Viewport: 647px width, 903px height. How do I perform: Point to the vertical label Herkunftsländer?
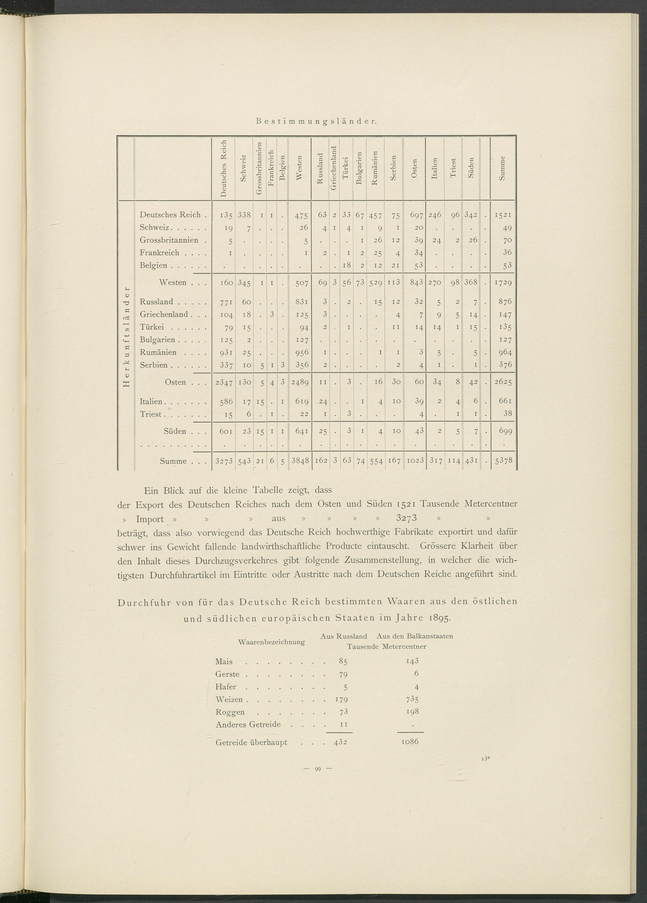click(x=126, y=336)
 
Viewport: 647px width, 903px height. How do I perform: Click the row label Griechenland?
click(x=164, y=314)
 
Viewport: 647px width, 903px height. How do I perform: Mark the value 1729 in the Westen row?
click(x=503, y=283)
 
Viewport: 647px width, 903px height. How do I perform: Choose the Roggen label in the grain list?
click(x=230, y=712)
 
